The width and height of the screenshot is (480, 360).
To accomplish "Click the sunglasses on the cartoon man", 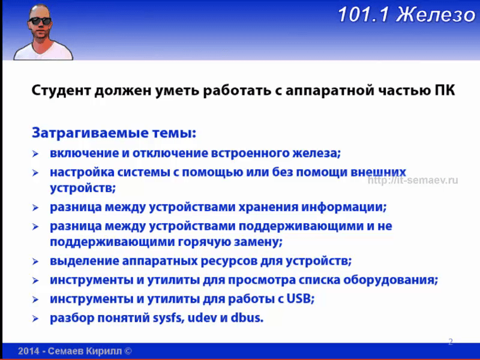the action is [40, 21].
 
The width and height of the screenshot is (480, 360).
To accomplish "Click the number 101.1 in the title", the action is [364, 14].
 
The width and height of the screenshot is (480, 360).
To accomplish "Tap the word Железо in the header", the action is [436, 14].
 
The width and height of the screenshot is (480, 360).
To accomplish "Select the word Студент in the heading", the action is [61, 91].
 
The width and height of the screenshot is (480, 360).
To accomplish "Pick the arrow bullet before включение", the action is [35, 154].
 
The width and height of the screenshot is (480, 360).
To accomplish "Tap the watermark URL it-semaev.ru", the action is [413, 181].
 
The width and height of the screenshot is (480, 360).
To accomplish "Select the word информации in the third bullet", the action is [344, 207].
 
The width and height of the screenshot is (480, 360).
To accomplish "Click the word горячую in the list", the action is [204, 242].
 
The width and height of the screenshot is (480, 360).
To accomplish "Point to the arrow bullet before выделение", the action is [35, 262].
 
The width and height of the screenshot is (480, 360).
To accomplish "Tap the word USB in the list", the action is [301, 298].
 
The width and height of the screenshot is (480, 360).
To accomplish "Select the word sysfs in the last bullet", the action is [169, 318].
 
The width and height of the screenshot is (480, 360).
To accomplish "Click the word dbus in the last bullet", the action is [247, 318].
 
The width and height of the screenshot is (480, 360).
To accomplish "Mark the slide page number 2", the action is [451, 341].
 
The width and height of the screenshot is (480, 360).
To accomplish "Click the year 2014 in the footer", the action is [28, 351].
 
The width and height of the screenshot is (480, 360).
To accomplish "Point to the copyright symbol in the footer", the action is [128, 351].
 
